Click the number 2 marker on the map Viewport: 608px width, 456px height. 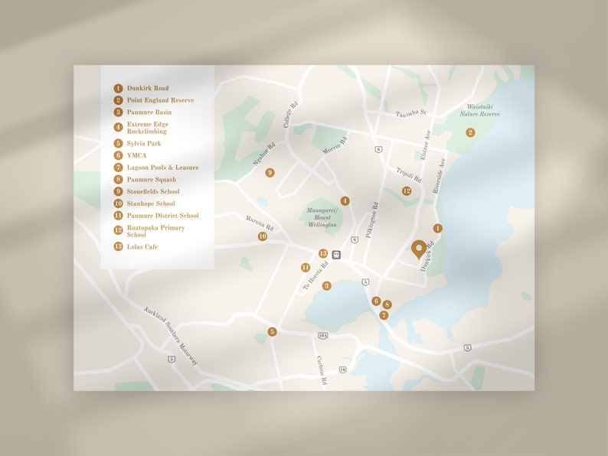click(x=470, y=132)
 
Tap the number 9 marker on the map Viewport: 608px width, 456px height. click(x=270, y=173)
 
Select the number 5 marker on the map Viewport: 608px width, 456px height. click(x=272, y=331)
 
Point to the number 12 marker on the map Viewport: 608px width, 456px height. click(x=407, y=191)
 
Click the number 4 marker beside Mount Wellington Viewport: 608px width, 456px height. click(x=345, y=200)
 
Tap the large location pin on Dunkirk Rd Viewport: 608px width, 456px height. click(x=419, y=249)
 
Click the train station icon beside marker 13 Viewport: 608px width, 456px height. click(x=336, y=254)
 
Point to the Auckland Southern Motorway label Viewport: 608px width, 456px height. click(x=170, y=335)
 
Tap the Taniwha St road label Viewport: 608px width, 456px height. click(x=410, y=114)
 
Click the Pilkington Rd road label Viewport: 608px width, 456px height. click(x=372, y=220)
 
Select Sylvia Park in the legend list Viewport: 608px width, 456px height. click(x=144, y=143)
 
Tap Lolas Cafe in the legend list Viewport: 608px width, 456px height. click(x=142, y=247)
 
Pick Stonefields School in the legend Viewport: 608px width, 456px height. click(x=153, y=191)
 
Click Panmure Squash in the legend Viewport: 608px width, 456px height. click(x=151, y=180)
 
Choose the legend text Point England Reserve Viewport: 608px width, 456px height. click(x=160, y=100)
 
